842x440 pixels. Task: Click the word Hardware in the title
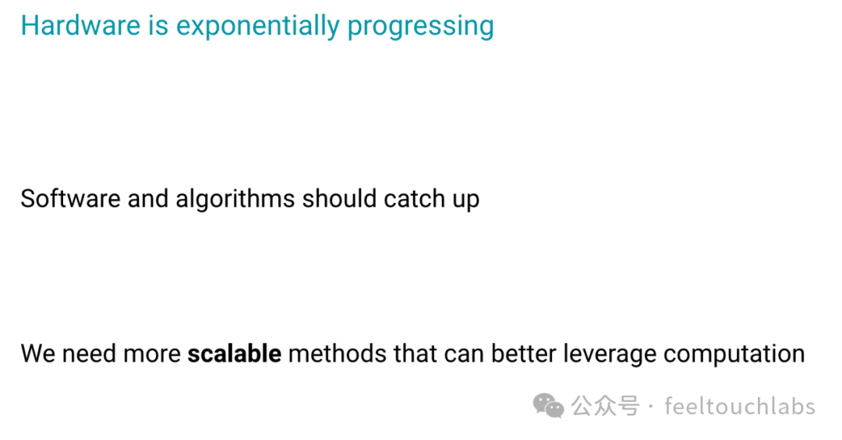point(80,25)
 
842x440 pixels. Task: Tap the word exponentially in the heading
point(258,27)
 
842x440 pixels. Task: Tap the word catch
point(415,198)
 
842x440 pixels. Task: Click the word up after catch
point(466,201)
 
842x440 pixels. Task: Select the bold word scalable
point(234,353)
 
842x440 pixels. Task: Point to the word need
point(89,353)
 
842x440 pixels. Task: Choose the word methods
point(338,353)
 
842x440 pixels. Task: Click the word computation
point(734,355)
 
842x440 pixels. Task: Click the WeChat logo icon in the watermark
point(548,406)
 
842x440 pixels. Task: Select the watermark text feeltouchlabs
point(740,406)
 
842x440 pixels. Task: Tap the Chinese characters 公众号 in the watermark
point(605,406)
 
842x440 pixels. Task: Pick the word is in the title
point(158,25)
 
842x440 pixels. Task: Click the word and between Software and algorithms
point(147,198)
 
